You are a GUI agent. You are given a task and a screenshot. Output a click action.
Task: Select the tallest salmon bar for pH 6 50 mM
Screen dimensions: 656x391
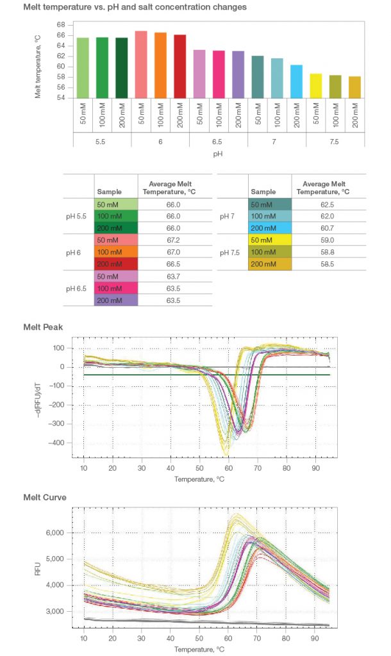141,65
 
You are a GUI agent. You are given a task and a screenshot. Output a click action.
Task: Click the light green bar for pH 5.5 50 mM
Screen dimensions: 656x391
83,68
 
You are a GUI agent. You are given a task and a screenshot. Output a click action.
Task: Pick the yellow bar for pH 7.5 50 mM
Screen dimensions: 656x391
316,86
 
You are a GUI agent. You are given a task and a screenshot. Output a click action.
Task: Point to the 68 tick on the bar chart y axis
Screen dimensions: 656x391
61,24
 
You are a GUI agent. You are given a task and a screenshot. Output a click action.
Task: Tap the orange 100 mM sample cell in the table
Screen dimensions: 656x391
115,252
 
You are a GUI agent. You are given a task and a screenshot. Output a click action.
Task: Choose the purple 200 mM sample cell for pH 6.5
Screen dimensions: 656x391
115,299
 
